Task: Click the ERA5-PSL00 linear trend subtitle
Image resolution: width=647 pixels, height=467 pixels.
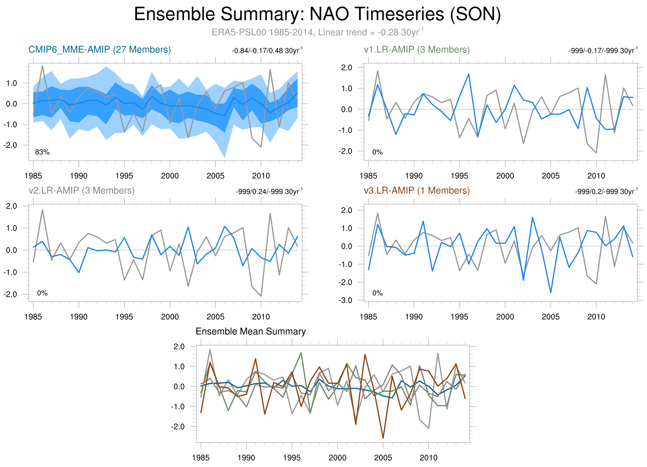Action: pyautogui.click(x=317, y=32)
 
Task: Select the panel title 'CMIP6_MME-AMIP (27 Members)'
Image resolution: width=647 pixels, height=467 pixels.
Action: pyautogui.click(x=100, y=50)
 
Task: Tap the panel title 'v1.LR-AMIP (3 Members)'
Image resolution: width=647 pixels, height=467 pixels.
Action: pyautogui.click(x=417, y=50)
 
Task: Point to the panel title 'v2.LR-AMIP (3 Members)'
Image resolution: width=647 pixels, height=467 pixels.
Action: pyautogui.click(x=82, y=190)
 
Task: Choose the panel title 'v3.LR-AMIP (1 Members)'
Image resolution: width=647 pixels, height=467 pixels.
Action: pyautogui.click(x=417, y=190)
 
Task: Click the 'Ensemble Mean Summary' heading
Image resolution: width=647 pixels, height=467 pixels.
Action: pyautogui.click(x=250, y=331)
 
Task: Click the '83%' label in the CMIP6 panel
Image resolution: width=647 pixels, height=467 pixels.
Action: pyautogui.click(x=42, y=152)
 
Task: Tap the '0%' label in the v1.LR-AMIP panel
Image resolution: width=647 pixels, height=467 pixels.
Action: pyautogui.click(x=377, y=152)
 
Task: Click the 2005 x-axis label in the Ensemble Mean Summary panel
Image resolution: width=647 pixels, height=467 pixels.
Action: pyautogui.click(x=383, y=458)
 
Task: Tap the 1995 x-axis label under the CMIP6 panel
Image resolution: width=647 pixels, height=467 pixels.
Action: pyautogui.click(x=124, y=176)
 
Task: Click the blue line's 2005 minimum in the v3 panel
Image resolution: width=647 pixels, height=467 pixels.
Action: pyautogui.click(x=551, y=293)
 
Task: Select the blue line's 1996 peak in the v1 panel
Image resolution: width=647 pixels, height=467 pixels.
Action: pyautogui.click(x=469, y=74)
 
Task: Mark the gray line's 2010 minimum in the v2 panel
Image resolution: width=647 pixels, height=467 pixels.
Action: pyautogui.click(x=261, y=296)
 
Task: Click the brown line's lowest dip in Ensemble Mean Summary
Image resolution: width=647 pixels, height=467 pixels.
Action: pyautogui.click(x=383, y=438)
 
